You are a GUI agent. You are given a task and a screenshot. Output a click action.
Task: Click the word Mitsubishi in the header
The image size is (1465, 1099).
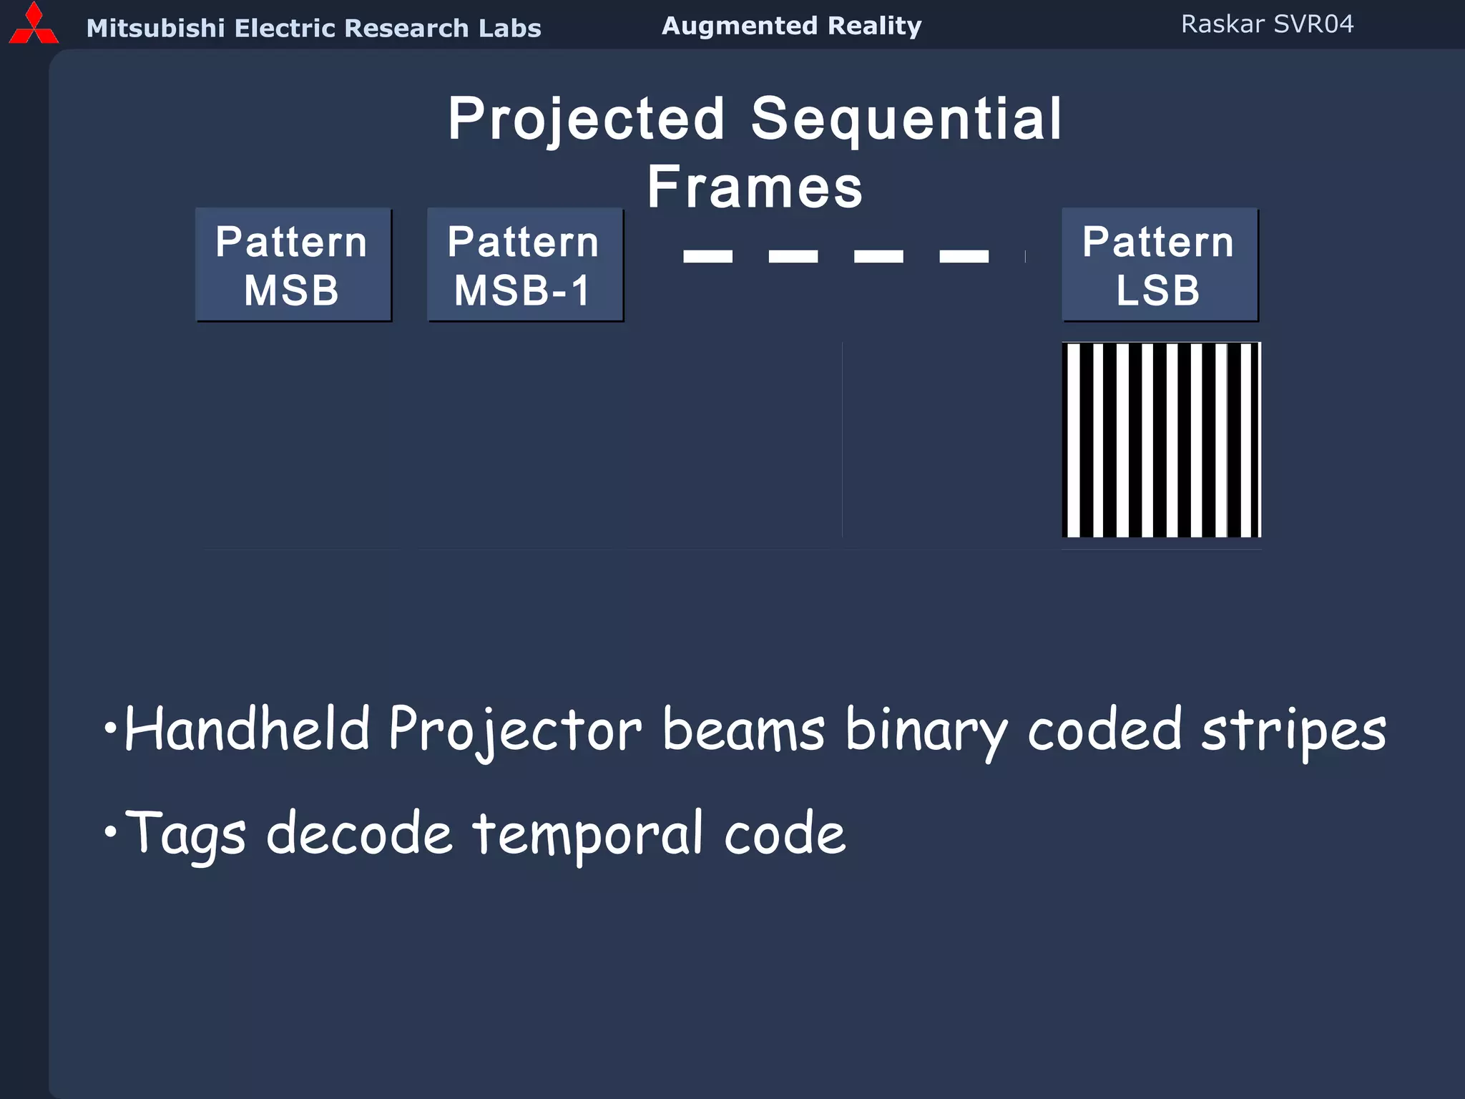point(155,28)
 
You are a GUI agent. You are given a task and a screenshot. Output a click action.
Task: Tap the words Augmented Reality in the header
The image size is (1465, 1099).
point(791,26)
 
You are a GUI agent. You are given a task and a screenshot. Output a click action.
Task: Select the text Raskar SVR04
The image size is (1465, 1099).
point(1267,24)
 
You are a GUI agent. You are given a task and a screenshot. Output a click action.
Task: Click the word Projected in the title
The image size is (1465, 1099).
point(587,119)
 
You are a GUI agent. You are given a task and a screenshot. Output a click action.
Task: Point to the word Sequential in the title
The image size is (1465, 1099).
point(906,119)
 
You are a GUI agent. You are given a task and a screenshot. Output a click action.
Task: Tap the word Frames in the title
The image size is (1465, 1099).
point(755,187)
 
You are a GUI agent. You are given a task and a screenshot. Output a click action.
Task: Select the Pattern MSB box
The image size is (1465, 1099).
point(293,265)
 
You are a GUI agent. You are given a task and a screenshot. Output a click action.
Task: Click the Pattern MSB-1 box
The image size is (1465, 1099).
point(525,265)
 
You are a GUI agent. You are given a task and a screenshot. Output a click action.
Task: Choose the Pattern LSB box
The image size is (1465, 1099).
point(1159,265)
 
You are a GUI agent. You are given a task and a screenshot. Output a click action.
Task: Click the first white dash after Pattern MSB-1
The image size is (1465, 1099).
point(707,256)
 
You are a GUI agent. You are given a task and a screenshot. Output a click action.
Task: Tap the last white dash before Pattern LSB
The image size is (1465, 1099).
point(964,256)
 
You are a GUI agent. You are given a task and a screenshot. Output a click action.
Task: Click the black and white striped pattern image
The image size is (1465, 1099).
point(1161,439)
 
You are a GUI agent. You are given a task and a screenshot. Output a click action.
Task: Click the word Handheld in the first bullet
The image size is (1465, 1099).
point(247,730)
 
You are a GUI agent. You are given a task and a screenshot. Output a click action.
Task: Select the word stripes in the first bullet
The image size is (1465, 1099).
point(1293,730)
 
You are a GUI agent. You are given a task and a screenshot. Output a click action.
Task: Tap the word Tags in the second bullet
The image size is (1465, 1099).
point(186,834)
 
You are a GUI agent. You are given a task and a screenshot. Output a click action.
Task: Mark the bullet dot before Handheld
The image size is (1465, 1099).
point(109,729)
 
